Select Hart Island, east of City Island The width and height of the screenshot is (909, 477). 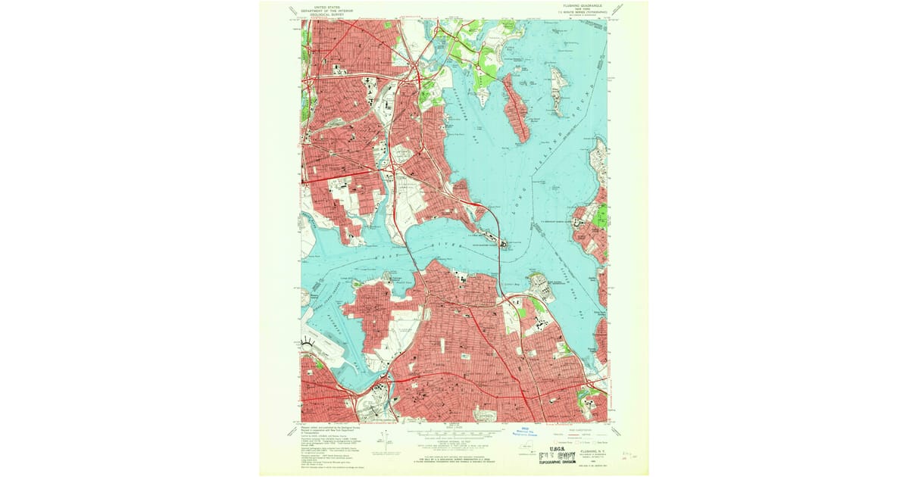[558, 91]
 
